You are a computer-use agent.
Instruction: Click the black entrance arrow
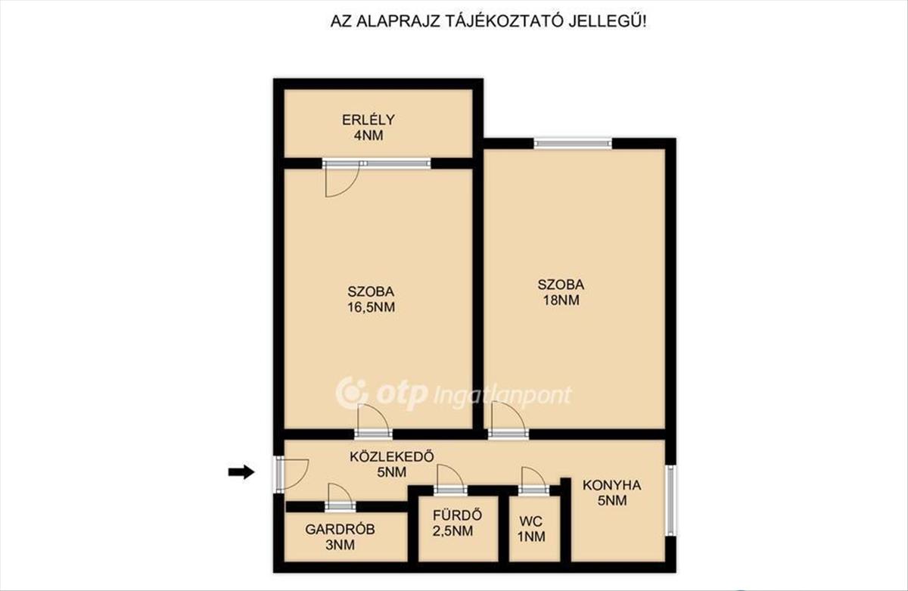click(x=241, y=471)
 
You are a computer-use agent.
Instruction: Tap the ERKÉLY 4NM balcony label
click(x=368, y=128)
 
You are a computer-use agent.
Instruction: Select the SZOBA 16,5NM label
click(x=371, y=300)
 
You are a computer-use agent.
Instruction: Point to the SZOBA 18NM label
click(x=561, y=293)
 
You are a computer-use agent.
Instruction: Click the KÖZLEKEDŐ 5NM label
click(x=392, y=464)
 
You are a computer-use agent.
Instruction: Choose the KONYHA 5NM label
click(x=612, y=493)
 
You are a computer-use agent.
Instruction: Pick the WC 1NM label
click(x=531, y=529)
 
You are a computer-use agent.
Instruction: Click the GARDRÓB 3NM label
click(x=340, y=537)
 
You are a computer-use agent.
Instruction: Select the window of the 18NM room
click(x=572, y=143)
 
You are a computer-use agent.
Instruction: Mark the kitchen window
click(x=671, y=500)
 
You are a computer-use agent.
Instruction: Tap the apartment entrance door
click(x=292, y=474)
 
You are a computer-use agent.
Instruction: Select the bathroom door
click(x=450, y=480)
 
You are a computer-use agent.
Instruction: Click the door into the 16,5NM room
click(x=373, y=421)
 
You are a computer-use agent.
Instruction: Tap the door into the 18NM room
click(x=508, y=421)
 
